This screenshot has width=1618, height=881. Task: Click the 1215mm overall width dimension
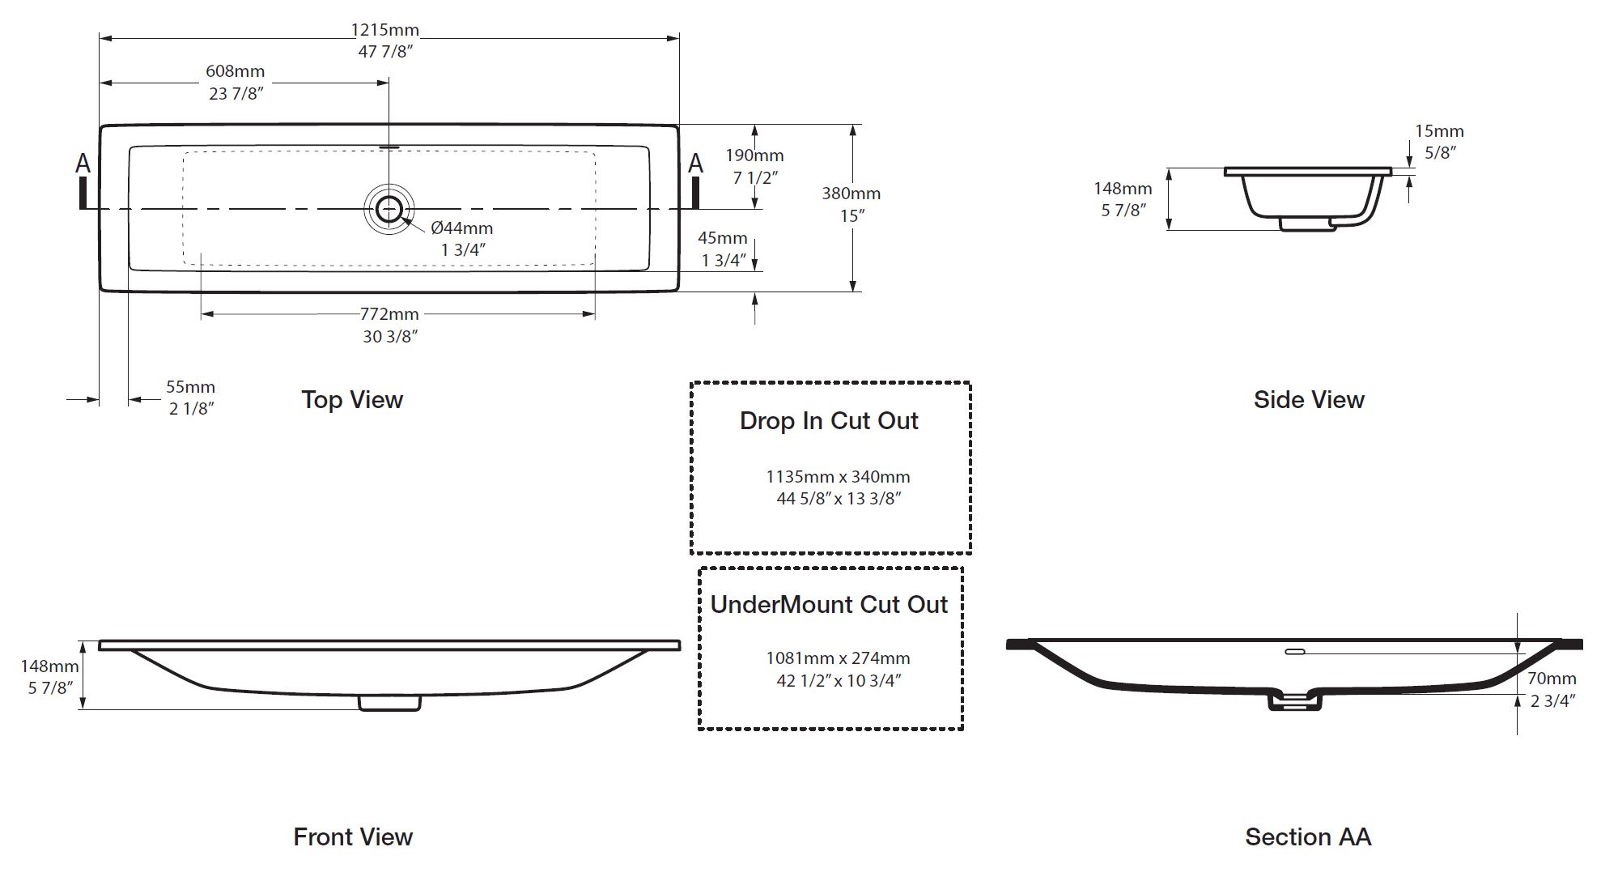(x=384, y=30)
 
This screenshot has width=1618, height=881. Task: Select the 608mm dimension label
(x=235, y=72)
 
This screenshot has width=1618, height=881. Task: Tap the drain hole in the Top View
(x=389, y=208)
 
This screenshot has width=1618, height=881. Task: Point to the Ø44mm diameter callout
(x=461, y=228)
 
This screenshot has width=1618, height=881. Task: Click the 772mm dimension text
(x=389, y=314)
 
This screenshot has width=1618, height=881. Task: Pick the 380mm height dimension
(x=851, y=194)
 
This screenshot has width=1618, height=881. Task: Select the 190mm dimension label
(x=754, y=155)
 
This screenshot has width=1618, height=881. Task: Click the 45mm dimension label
(x=723, y=238)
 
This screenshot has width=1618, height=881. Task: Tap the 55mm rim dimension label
(x=190, y=387)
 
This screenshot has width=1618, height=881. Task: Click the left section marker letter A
(x=83, y=164)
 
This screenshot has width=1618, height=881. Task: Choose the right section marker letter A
(x=695, y=164)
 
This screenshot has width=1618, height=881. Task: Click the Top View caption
(x=352, y=400)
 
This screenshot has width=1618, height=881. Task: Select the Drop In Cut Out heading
(x=829, y=421)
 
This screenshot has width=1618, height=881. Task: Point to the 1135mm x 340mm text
(x=838, y=477)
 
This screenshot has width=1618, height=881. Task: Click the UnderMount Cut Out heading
(x=829, y=605)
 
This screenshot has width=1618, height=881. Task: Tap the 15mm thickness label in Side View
(x=1439, y=131)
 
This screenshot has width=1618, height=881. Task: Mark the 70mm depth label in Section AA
(x=1552, y=679)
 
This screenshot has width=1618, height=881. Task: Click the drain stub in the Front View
(x=389, y=703)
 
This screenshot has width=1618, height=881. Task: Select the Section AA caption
(x=1308, y=837)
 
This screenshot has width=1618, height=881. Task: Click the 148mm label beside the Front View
(x=49, y=666)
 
